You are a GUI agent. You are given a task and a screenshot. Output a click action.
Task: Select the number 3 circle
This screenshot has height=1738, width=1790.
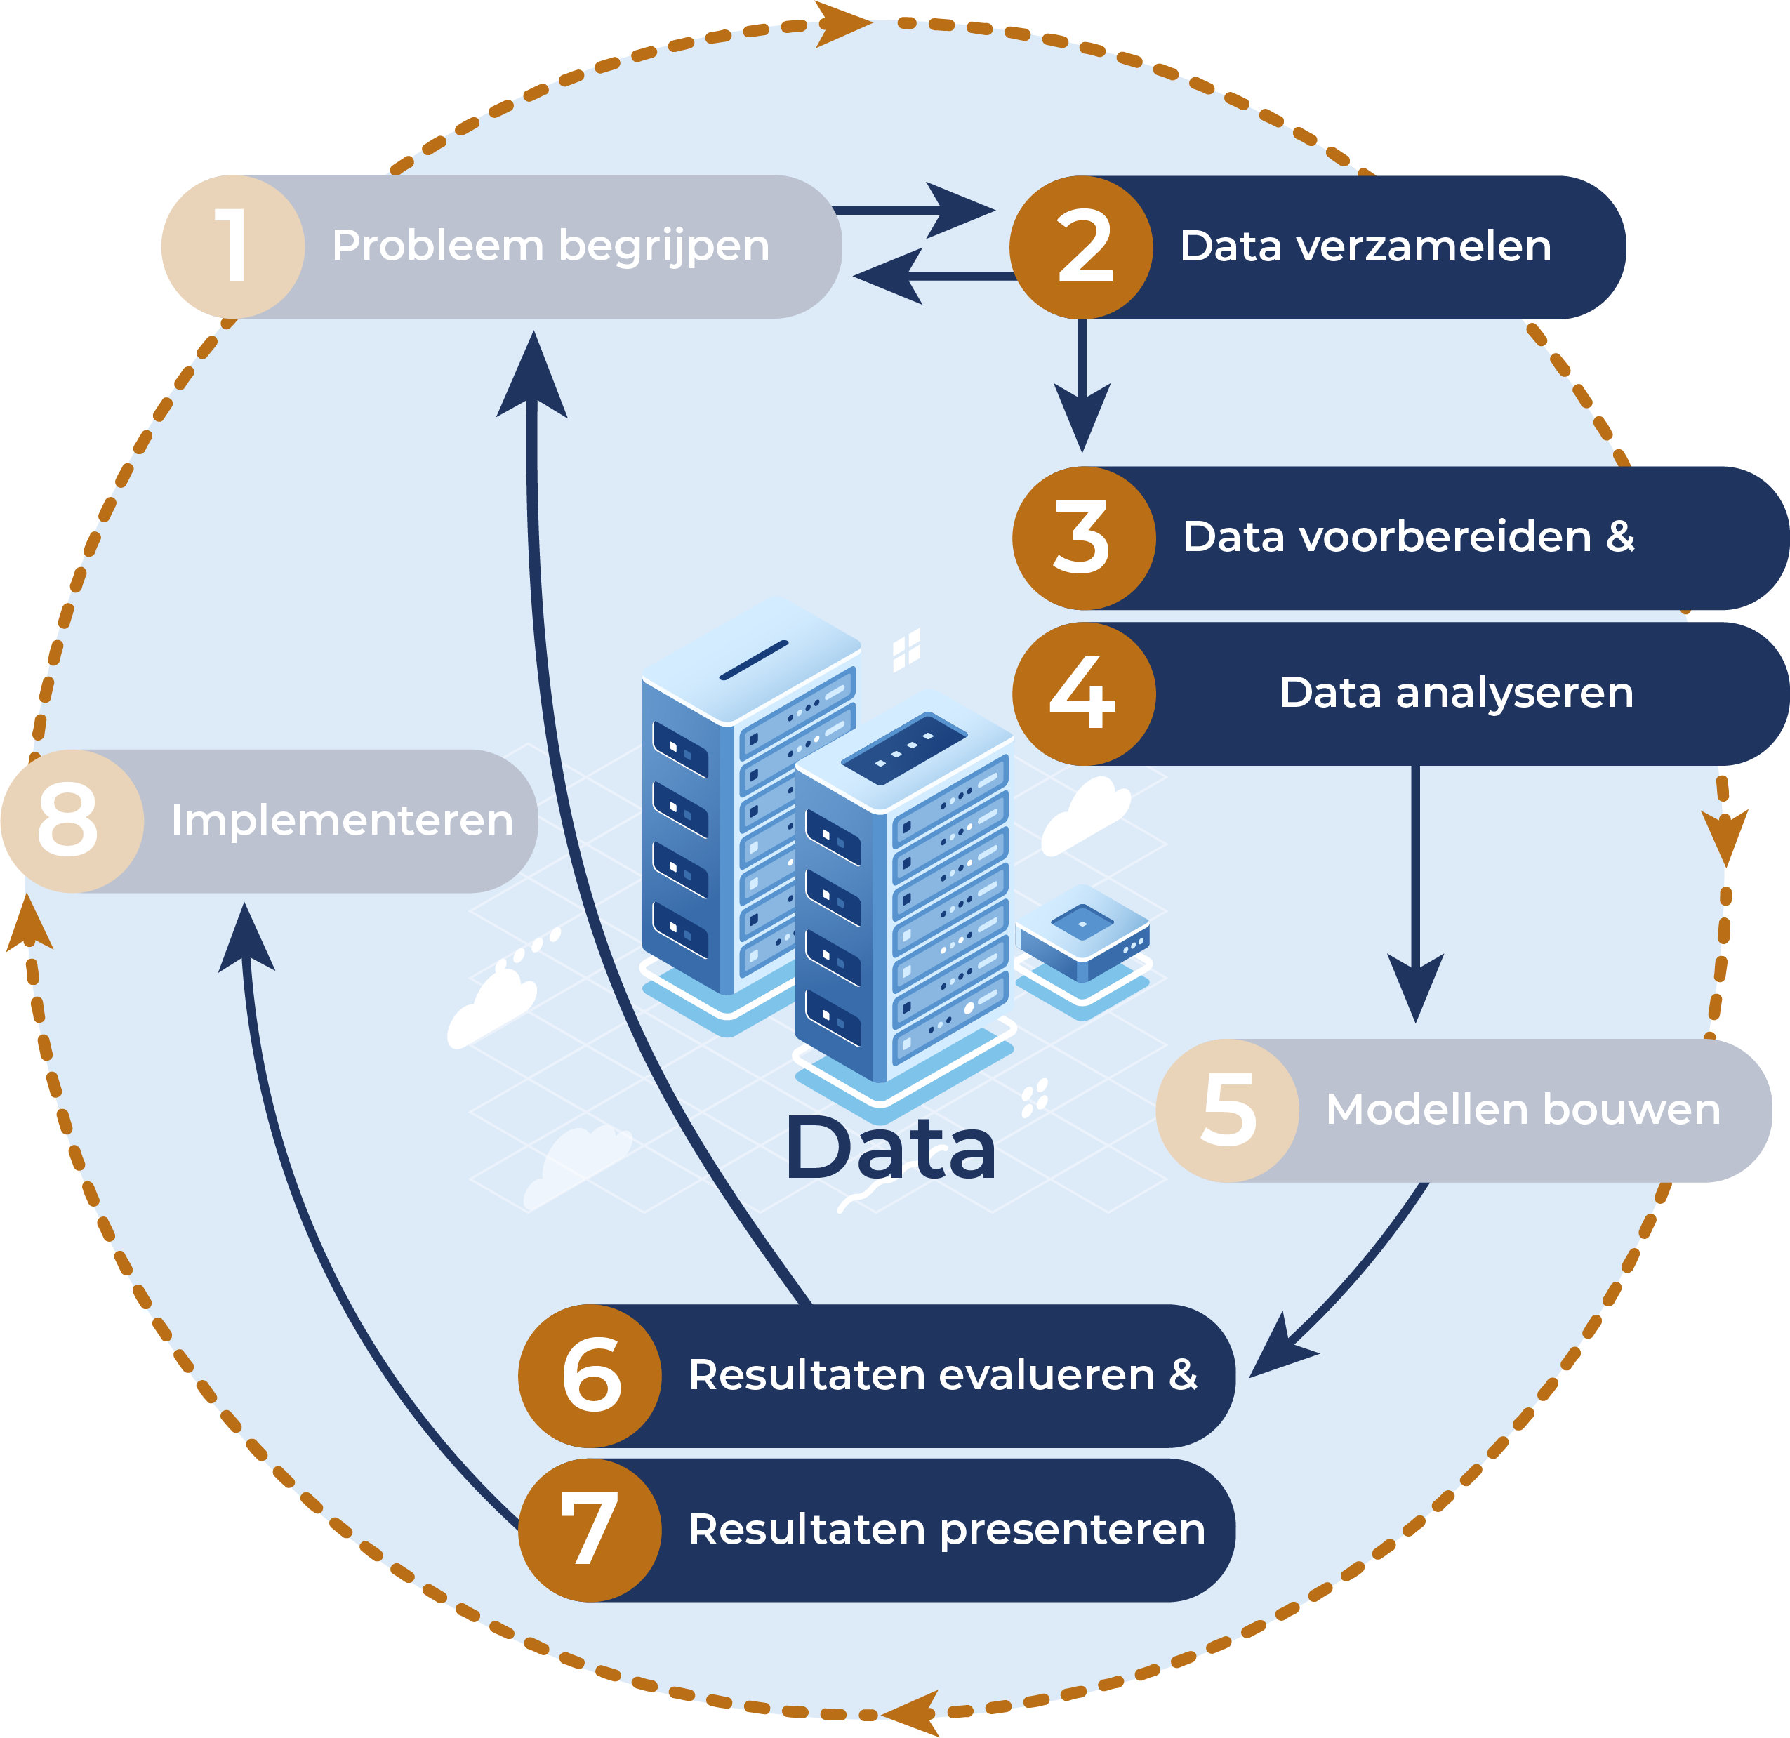1083,538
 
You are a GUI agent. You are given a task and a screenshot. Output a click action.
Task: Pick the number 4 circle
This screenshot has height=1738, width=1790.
1083,694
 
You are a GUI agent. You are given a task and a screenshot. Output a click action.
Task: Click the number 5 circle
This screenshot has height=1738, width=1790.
1226,1110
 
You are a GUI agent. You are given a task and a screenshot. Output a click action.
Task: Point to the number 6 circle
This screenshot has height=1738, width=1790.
590,1375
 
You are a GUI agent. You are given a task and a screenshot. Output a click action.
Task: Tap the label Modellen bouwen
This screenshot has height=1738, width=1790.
1523,1110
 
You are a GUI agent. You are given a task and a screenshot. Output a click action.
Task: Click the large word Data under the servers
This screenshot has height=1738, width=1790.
889,1149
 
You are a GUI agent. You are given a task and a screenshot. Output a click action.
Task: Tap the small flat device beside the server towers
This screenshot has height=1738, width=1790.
1083,936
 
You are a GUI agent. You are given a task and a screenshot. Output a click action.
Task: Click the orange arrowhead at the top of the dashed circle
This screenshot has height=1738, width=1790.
840,23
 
